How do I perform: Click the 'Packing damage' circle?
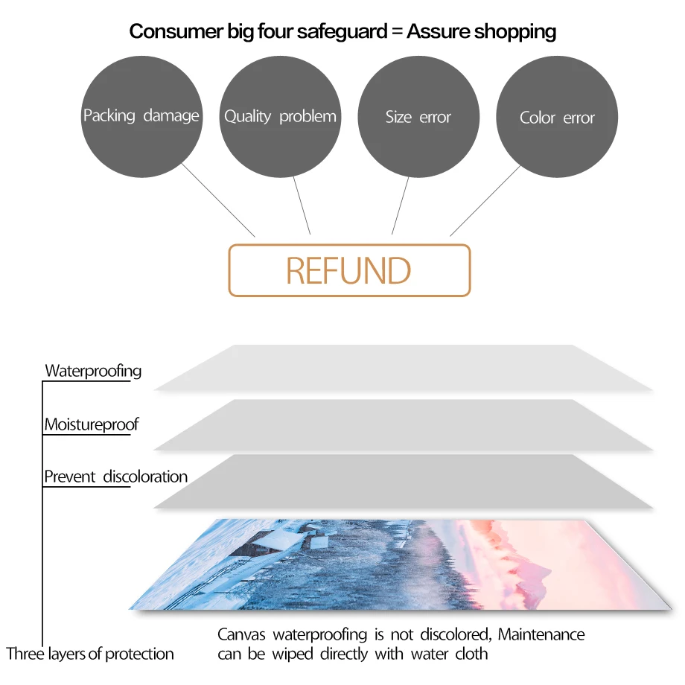click(x=141, y=117)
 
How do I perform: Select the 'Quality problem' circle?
click(x=280, y=117)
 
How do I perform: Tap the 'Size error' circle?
click(x=418, y=117)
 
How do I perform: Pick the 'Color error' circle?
click(x=557, y=118)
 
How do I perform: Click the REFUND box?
click(x=349, y=270)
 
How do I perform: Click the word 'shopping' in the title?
click(x=514, y=31)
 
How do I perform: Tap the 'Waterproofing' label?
click(x=93, y=371)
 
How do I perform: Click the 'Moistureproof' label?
click(x=92, y=424)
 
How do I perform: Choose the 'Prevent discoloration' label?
click(x=116, y=477)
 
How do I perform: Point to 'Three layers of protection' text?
click(x=90, y=654)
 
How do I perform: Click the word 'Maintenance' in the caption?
click(x=541, y=634)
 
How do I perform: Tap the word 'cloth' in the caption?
click(x=471, y=654)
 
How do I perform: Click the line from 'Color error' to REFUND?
click(x=485, y=200)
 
